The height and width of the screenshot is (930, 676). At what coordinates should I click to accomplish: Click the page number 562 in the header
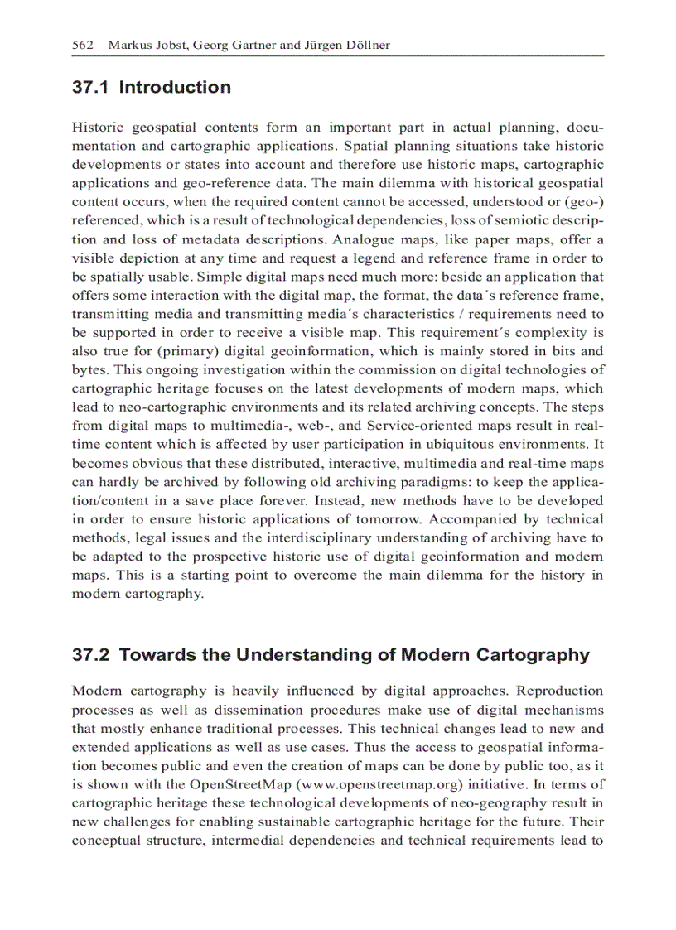83,45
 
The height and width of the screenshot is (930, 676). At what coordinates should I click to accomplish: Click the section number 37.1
91,88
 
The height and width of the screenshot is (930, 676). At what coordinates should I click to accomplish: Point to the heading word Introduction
175,88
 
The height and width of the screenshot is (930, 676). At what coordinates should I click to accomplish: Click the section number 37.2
91,655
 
